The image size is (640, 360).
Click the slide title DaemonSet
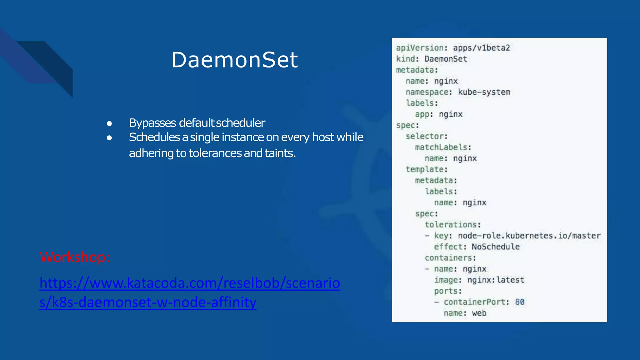234,60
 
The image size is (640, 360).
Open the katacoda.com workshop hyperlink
190,283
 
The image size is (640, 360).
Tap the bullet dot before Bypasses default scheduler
109,123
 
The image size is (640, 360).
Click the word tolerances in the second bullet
215,153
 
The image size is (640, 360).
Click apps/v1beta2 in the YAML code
481,48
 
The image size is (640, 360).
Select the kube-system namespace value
484,92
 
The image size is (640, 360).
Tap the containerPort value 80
519,302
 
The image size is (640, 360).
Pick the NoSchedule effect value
495,247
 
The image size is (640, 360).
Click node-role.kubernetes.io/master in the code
529,236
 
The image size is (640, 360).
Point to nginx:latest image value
496,280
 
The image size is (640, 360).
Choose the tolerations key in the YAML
452,225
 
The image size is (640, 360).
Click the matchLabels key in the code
442,147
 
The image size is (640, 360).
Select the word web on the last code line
479,313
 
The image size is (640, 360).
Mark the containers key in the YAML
450,258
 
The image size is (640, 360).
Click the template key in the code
426,169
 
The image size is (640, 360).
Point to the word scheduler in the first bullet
240,123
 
